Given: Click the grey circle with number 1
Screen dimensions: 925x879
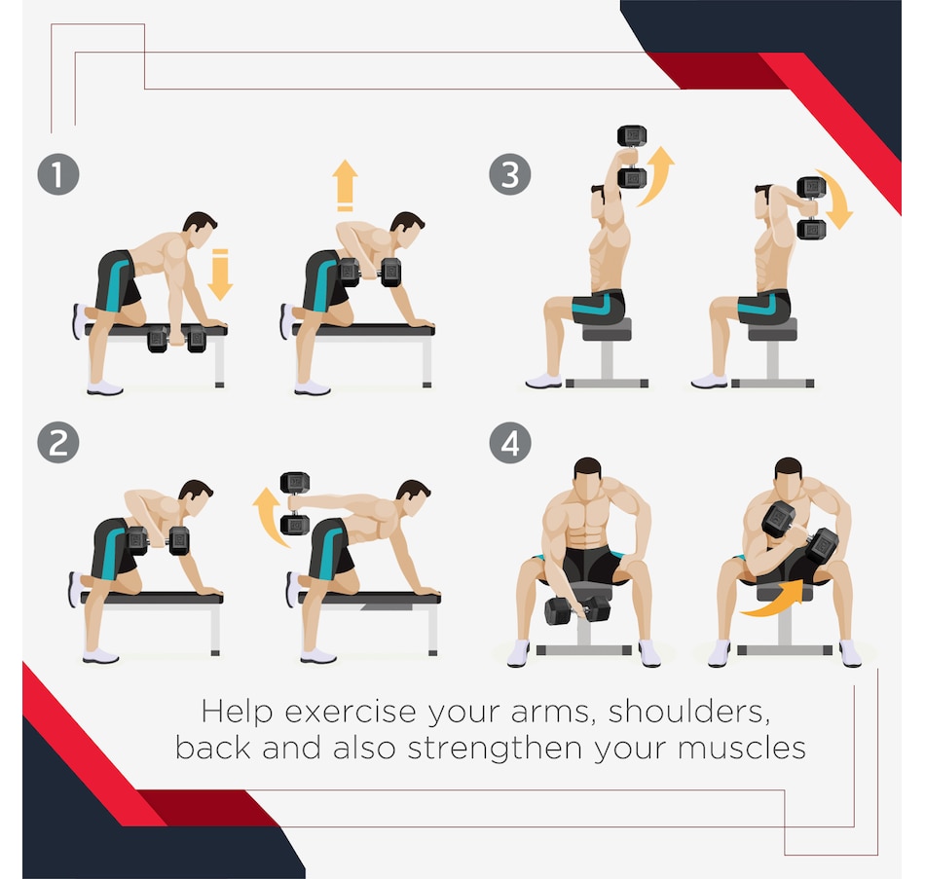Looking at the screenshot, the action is [58, 174].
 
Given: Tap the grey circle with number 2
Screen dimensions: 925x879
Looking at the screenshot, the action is [58, 443].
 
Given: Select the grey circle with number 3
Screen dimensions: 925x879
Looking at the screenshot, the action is [510, 174].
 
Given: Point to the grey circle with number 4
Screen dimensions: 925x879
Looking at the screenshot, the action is [510, 443].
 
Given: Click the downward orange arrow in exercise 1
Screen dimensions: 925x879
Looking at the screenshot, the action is [220, 275].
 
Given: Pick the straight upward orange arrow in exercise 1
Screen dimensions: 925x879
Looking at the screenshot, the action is [345, 185].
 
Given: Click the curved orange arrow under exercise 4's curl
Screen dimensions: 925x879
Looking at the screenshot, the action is [774, 601].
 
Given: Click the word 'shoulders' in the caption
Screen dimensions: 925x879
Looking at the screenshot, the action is [689, 712].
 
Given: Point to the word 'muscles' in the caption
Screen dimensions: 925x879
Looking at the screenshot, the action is [742, 748].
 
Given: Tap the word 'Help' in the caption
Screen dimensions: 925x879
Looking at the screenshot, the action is [238, 713].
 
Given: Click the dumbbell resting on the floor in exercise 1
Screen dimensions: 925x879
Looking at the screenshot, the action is [176, 339].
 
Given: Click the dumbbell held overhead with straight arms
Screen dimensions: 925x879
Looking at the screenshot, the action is [632, 157].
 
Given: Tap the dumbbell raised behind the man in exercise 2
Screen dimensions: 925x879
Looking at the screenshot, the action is [295, 503].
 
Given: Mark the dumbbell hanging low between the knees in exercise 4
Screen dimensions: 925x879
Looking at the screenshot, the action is [577, 610].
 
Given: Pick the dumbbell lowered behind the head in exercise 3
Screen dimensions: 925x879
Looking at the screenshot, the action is [811, 208].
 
